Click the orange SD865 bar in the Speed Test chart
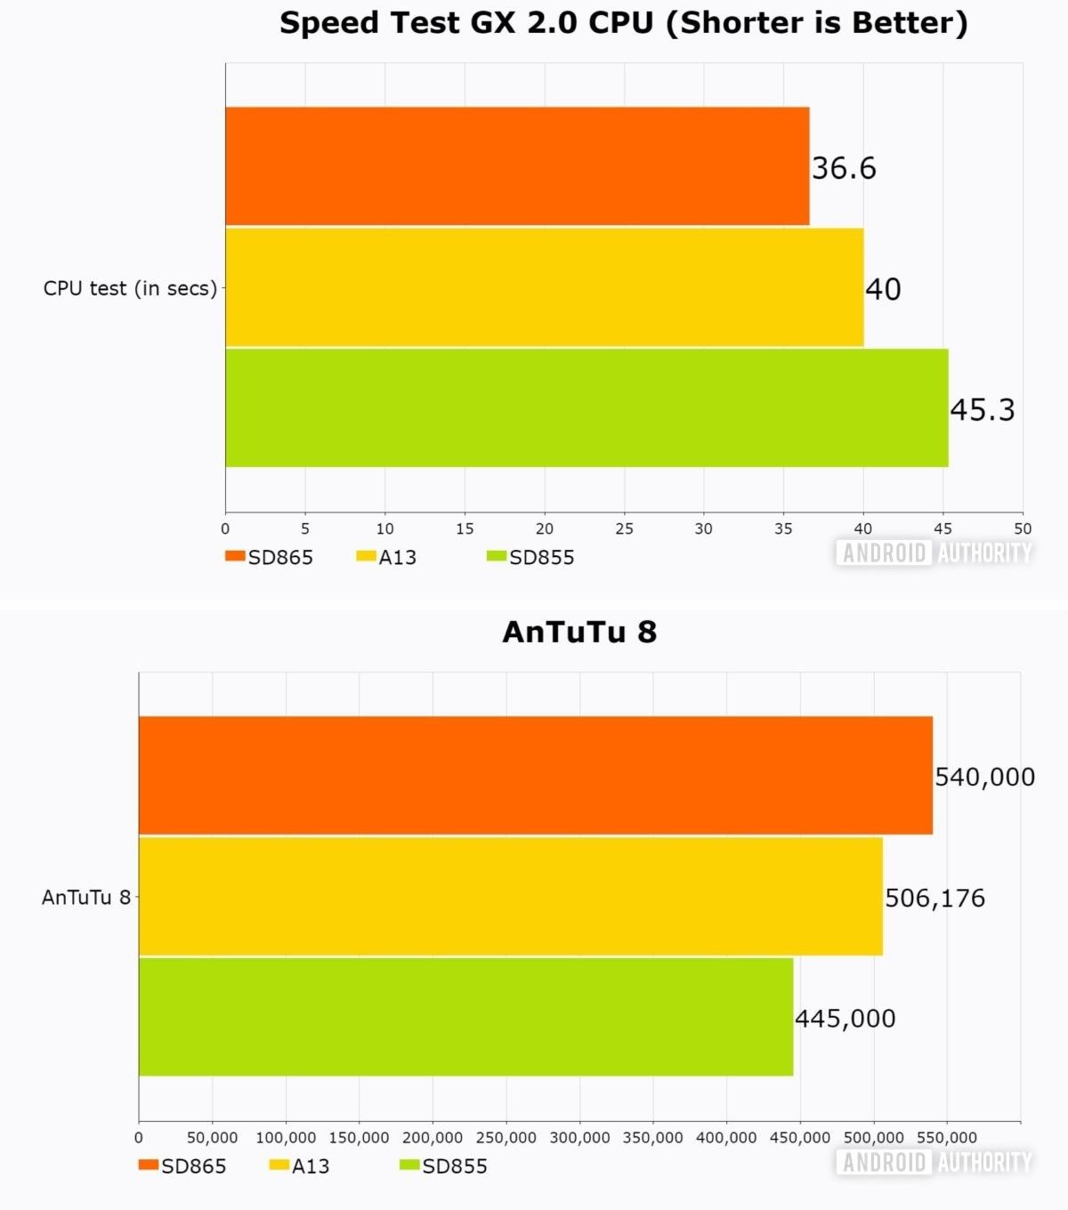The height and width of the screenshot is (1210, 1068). click(x=516, y=166)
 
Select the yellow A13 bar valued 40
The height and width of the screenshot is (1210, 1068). click(x=543, y=287)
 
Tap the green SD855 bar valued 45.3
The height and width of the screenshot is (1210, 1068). click(x=586, y=407)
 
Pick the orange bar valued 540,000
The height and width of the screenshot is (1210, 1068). click(x=535, y=775)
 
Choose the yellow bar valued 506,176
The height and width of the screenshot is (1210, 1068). click(x=510, y=896)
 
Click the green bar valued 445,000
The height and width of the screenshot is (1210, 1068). click(x=465, y=1016)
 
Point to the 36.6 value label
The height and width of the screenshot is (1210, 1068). click(x=844, y=168)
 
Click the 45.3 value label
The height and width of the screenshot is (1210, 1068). click(x=982, y=409)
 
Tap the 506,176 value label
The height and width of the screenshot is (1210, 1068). click(x=934, y=898)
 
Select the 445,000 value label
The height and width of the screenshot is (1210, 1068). click(x=845, y=1018)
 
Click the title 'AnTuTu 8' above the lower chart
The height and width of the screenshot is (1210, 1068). click(x=579, y=632)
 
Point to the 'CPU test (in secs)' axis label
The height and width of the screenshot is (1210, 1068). click(x=130, y=288)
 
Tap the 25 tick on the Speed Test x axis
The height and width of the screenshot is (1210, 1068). click(x=624, y=528)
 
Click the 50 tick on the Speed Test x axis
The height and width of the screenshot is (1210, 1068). click(x=1023, y=528)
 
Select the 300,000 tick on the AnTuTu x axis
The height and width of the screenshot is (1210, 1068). click(x=579, y=1137)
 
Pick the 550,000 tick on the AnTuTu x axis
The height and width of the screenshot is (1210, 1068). click(x=946, y=1137)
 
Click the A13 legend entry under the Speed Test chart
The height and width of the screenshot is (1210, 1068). click(x=387, y=557)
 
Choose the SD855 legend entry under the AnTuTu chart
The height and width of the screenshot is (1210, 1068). click(x=444, y=1166)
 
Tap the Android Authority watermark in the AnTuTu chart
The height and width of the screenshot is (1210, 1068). click(x=934, y=1162)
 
